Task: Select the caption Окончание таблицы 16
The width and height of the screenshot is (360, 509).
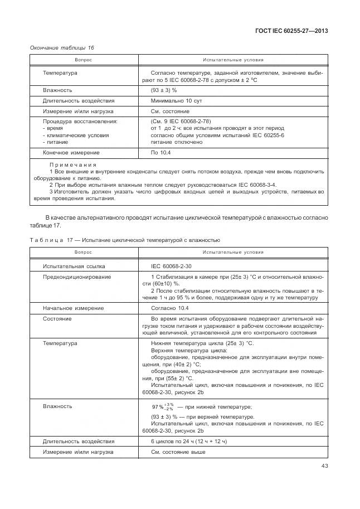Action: pos(62,47)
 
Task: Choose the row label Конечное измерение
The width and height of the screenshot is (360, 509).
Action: pos(71,152)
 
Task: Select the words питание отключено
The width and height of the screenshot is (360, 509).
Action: pos(177,142)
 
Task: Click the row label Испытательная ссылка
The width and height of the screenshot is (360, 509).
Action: pos(74,266)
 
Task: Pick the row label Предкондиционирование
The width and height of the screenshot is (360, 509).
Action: pos(77,277)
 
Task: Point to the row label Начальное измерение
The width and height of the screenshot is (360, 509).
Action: pos(74,308)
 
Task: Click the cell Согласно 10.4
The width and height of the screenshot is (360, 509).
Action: pos(170,308)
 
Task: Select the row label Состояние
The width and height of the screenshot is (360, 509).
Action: pos(57,319)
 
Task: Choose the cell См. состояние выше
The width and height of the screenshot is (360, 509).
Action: pos(178,452)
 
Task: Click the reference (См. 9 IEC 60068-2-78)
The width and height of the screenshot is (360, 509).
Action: pos(181,121)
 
